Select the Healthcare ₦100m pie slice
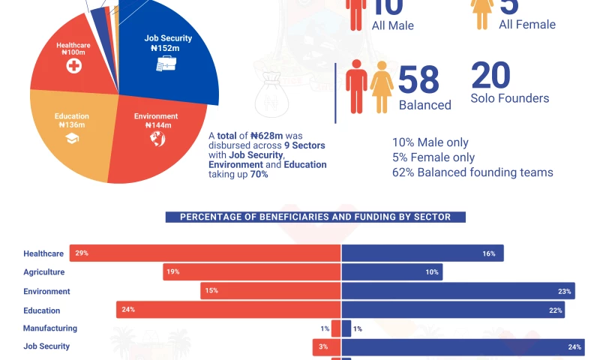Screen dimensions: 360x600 (71, 64)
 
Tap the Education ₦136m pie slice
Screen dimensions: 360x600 (71, 139)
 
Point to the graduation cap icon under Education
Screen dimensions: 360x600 (72, 139)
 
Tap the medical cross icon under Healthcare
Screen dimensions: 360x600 (73, 65)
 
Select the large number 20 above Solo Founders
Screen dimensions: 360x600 (490, 76)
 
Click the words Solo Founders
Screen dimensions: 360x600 (509, 98)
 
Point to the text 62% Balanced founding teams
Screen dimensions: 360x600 (472, 172)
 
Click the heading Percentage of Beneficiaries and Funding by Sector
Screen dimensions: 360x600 (315, 217)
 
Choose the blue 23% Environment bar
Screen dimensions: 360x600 (457, 291)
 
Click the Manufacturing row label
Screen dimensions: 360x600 (50, 328)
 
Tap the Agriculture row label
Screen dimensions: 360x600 (44, 272)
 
